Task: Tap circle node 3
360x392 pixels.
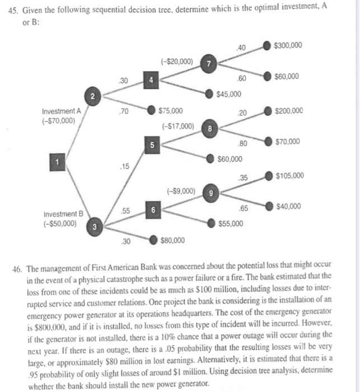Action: tap(95, 227)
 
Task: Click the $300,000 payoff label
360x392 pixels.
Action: tap(289, 45)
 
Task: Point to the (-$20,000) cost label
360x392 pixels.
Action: tap(177, 61)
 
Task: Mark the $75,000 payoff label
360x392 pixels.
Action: tap(171, 111)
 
